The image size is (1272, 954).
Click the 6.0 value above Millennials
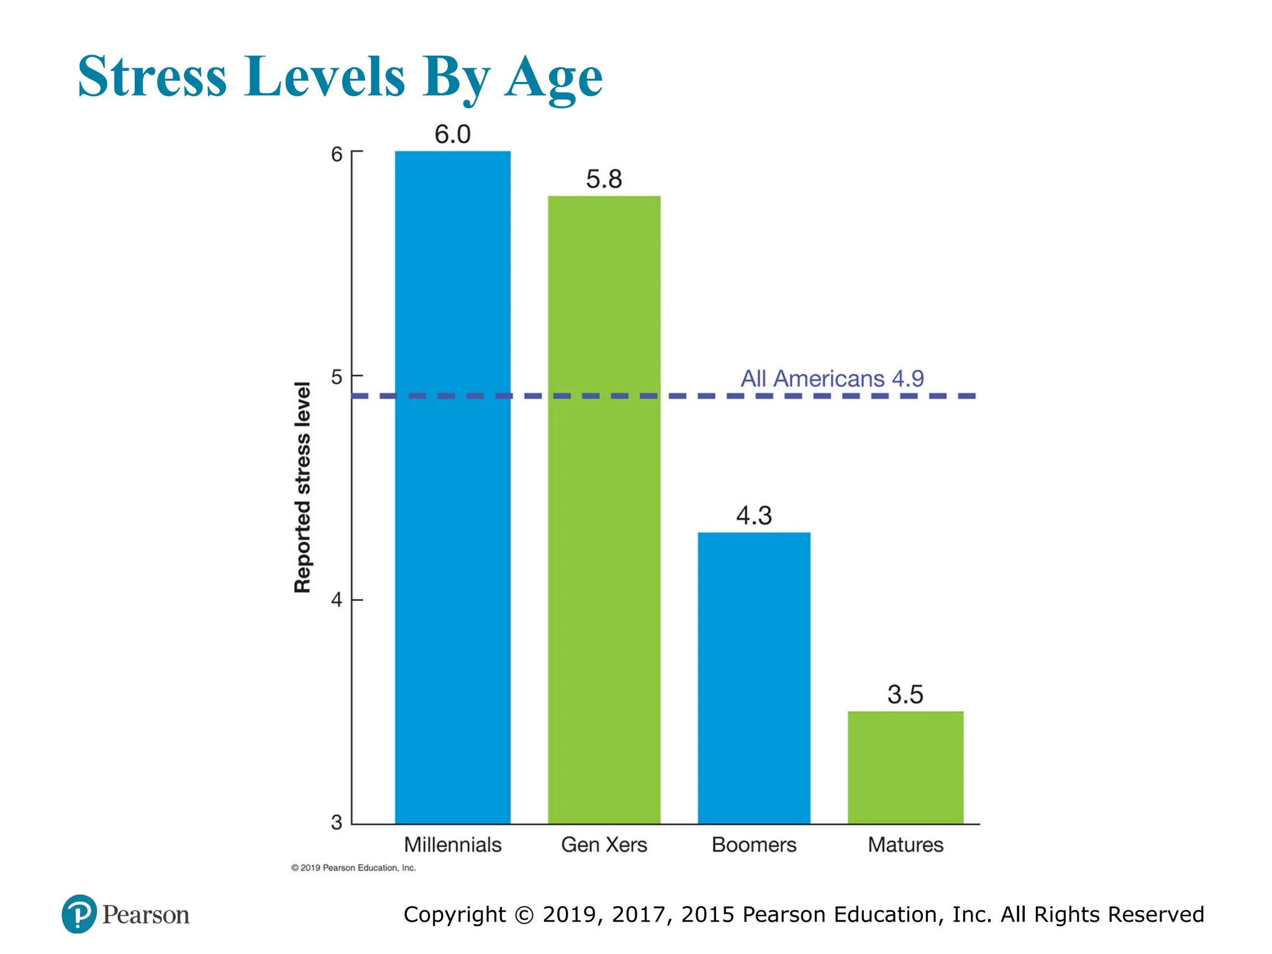tap(452, 134)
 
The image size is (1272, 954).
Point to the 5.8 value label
tap(604, 179)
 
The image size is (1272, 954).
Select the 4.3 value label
tap(753, 516)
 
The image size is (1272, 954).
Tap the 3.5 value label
tap(905, 694)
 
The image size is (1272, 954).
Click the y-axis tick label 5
tap(337, 377)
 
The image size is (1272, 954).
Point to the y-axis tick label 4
tap(337, 600)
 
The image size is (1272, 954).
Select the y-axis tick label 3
tap(337, 822)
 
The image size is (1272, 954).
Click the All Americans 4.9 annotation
tap(832, 378)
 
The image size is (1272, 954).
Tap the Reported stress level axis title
tap(302, 488)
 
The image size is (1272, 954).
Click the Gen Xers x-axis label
tap(604, 845)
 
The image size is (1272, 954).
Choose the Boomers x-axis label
tap(753, 845)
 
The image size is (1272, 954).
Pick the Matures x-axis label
tap(905, 845)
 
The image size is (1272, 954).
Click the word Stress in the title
tap(152, 77)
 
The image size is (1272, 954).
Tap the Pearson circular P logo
tap(79, 914)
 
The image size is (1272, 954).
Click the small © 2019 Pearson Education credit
tap(353, 868)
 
